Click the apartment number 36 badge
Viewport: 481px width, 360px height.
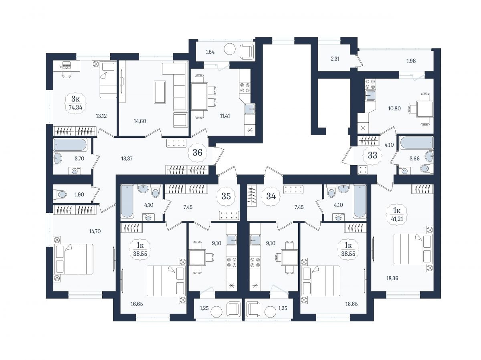pos(197,152)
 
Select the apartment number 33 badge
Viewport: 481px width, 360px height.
pos(372,155)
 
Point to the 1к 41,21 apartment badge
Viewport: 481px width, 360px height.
pos(397,214)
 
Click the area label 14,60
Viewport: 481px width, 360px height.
pos(140,121)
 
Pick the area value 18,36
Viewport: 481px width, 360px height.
pos(392,279)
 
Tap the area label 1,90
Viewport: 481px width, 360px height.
pos(79,194)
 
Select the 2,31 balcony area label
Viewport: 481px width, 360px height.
pos(335,59)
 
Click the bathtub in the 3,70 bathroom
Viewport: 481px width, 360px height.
pos(70,145)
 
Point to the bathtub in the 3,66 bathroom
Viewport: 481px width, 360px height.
pos(416,143)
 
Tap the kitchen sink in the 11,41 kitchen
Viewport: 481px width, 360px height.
pos(250,109)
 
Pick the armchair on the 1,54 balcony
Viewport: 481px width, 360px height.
pos(247,51)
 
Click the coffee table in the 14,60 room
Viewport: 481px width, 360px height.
pos(160,92)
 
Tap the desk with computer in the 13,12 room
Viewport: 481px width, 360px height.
pos(67,66)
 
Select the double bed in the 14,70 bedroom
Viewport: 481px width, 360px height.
pos(73,259)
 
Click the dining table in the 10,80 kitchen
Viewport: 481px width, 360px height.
pos(425,109)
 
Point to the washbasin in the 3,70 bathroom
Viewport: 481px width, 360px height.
pos(58,158)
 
